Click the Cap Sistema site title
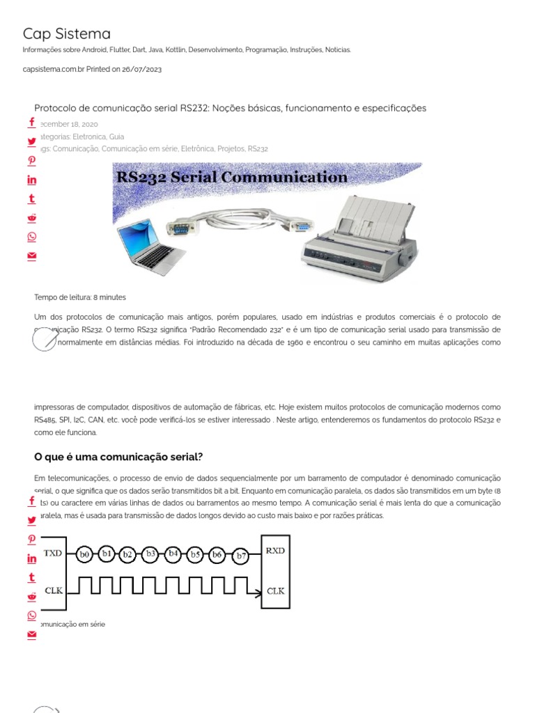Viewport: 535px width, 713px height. (66, 33)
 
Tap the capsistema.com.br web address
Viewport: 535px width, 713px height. (52, 70)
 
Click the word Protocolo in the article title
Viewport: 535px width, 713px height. (55, 108)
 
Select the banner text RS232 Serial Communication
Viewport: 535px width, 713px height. (232, 178)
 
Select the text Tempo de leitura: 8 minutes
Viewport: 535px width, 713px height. (80, 297)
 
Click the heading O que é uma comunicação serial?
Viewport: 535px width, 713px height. (118, 457)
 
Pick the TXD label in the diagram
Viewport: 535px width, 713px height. (53, 553)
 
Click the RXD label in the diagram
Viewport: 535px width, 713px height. (275, 551)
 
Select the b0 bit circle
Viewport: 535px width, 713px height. (85, 555)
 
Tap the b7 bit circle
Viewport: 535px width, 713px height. (241, 556)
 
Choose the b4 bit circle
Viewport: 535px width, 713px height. (174, 554)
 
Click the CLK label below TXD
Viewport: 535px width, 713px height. (54, 590)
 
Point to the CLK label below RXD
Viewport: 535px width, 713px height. (275, 591)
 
